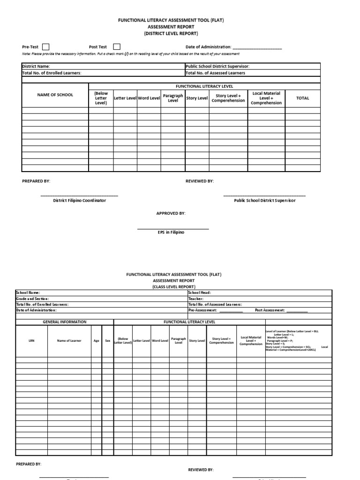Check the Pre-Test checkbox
pyautogui.click(x=46, y=46)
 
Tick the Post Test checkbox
pyautogui.click(x=117, y=46)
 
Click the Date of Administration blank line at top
pyautogui.click(x=257, y=47)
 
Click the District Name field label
pyautogui.click(x=36, y=67)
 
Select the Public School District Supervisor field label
pyautogui.click(x=217, y=67)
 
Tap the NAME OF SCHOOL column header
pyautogui.click(x=55, y=95)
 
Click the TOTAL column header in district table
pyautogui.click(x=303, y=98)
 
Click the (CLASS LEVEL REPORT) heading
pyautogui.click(x=173, y=286)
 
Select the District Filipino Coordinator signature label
pyautogui.click(x=79, y=200)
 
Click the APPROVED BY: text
pyautogui.click(x=171, y=213)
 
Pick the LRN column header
pyautogui.click(x=31, y=341)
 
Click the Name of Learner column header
pyautogui.click(x=69, y=341)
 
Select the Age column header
pyautogui.click(x=96, y=341)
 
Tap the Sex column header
pyautogui.click(x=108, y=341)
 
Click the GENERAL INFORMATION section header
pyautogui.click(x=65, y=322)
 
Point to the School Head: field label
pyautogui.click(x=199, y=292)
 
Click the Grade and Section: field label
pyautogui.click(x=32, y=299)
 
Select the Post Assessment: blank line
pyautogui.click(x=297, y=310)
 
